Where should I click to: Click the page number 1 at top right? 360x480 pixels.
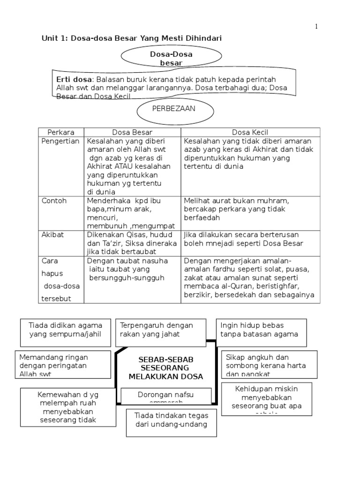(316, 27)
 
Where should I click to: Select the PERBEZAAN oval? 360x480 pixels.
(175, 111)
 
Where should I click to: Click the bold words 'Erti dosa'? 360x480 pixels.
(74, 79)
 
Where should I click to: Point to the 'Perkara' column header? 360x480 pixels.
(61, 132)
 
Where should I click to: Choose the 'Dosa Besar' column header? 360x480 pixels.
(132, 132)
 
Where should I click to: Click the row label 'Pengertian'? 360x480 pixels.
(61, 141)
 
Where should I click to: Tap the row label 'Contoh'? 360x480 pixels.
(54, 201)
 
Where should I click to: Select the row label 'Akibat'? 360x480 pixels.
(53, 234)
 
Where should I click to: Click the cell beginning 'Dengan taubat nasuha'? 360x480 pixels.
(127, 269)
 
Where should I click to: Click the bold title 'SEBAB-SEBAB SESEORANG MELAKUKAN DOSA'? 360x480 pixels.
(166, 368)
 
